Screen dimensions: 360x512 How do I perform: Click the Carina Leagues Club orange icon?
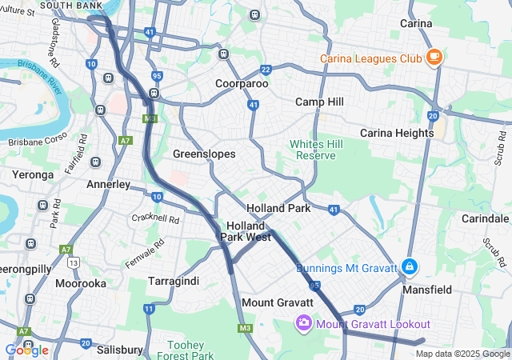click(x=434, y=57)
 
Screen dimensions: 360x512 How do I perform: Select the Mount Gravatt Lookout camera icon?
click(x=304, y=323)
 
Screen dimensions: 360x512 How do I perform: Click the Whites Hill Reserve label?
click(x=311, y=149)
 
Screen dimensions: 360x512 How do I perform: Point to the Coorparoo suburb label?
click(x=242, y=83)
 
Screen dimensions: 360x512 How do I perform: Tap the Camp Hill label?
click(x=319, y=102)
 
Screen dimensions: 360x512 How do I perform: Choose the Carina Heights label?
click(x=397, y=132)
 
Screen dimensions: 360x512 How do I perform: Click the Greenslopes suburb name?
click(x=205, y=153)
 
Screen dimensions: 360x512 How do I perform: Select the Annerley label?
click(x=108, y=184)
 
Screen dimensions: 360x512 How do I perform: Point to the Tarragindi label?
click(x=174, y=281)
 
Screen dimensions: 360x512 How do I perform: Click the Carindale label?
click(x=485, y=218)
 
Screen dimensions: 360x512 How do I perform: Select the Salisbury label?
click(x=119, y=350)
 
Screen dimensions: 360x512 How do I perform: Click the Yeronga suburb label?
click(x=32, y=174)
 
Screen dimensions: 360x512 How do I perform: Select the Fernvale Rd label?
click(x=144, y=253)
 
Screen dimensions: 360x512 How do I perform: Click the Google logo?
click(x=26, y=350)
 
